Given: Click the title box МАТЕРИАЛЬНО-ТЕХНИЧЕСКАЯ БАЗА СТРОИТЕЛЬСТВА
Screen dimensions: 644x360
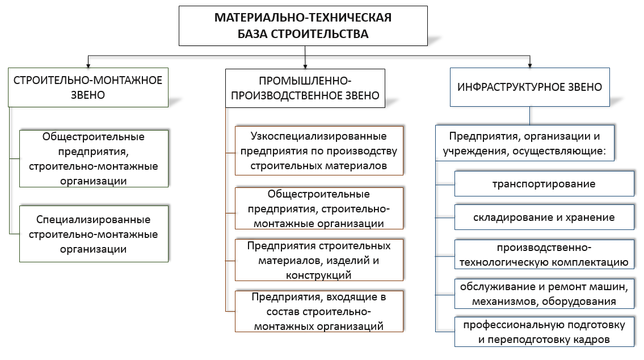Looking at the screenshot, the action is tap(303, 26).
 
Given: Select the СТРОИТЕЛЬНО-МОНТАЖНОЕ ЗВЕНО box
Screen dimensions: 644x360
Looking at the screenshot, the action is tap(88, 87).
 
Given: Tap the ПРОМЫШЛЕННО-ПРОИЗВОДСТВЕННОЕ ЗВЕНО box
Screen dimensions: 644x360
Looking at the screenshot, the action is tap(305, 89).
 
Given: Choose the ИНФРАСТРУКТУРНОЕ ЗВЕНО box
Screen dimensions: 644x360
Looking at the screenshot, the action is tap(530, 87).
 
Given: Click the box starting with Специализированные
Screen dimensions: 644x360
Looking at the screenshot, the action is tap(94, 234).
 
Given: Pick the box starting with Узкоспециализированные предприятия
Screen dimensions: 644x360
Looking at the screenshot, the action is tap(319, 151).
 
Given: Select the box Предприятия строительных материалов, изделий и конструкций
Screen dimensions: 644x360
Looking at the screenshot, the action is tap(319, 259).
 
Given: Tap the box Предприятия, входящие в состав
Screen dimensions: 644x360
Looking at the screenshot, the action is tap(319, 311).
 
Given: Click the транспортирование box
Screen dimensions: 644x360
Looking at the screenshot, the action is tap(544, 184).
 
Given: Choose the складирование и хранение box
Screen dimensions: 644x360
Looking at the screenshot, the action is tap(544, 217).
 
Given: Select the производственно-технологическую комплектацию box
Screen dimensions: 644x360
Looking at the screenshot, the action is tap(544, 254).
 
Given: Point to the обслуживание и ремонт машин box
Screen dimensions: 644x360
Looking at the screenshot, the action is tap(544, 294).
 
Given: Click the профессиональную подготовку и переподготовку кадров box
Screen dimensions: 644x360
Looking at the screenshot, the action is tap(544, 332).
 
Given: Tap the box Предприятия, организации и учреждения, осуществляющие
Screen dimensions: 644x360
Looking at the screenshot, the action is tap(525, 143).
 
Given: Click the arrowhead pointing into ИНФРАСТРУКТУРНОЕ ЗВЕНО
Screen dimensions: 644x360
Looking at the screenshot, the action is tap(530, 65).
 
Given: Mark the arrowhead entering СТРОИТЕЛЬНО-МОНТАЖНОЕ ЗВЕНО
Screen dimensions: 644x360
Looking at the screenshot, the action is tap(88, 65).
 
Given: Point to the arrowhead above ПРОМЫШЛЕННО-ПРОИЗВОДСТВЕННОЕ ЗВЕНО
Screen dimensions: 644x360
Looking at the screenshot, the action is tap(305, 66).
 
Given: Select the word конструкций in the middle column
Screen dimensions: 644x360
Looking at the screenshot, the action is tap(319, 275).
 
